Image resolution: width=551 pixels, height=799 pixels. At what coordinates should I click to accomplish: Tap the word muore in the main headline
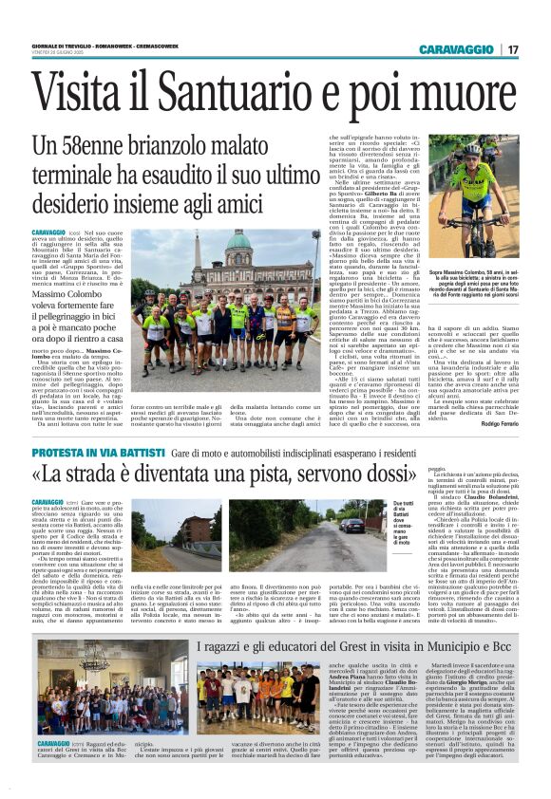[467, 97]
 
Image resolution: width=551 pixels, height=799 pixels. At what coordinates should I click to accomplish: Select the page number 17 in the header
[512, 49]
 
